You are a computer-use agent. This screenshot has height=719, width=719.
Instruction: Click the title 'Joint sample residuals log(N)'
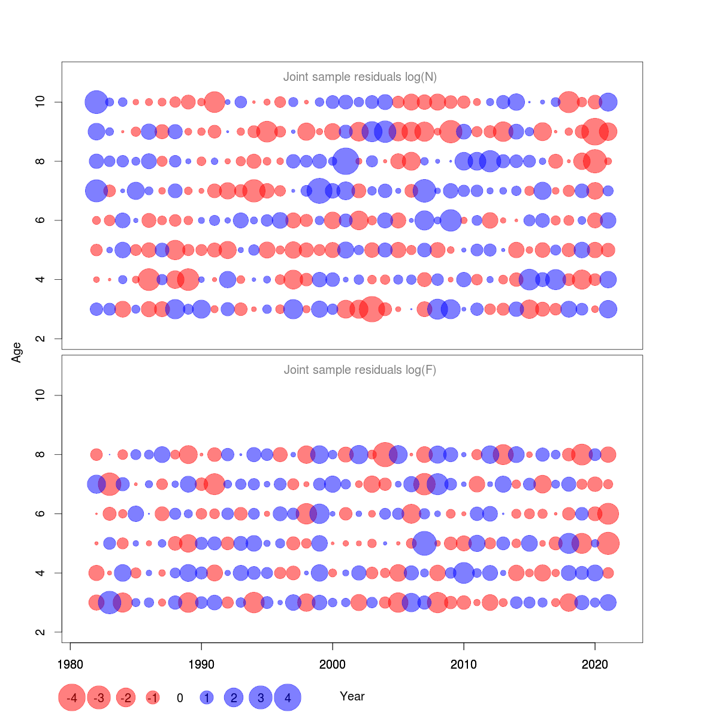click(x=359, y=77)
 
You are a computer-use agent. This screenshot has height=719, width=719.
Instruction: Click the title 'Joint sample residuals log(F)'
click(x=359, y=370)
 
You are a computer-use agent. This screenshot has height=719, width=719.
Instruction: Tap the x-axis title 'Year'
click(x=352, y=696)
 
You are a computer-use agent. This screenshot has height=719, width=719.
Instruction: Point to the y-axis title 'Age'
click(x=17, y=352)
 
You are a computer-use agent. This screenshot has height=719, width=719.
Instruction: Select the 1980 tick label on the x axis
click(x=70, y=664)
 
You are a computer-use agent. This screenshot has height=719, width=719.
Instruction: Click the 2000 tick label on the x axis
click(x=333, y=664)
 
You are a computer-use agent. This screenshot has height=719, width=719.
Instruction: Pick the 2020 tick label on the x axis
click(x=595, y=664)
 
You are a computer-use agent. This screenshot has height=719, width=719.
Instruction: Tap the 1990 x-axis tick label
click(x=201, y=664)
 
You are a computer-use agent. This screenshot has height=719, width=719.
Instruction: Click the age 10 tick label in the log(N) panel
click(x=40, y=102)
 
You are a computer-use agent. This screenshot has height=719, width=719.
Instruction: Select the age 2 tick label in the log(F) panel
click(x=40, y=632)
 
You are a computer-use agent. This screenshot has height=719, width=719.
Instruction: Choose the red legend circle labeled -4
click(x=71, y=697)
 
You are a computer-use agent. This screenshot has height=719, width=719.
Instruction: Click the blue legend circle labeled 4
click(x=288, y=697)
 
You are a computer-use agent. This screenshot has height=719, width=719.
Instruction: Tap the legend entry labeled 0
click(x=180, y=697)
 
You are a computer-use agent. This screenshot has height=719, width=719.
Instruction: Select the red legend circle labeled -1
click(x=153, y=697)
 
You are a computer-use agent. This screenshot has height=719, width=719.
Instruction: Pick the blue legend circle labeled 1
click(x=207, y=697)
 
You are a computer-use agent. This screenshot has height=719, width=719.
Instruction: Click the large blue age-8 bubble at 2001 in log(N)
click(x=346, y=161)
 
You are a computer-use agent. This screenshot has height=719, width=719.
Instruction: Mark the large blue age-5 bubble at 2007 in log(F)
click(x=424, y=543)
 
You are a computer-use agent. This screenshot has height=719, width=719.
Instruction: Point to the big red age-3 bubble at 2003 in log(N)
click(x=372, y=309)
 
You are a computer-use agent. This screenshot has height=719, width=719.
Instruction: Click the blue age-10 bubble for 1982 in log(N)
click(x=96, y=102)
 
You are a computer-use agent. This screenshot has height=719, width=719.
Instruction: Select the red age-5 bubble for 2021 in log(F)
click(x=608, y=543)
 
